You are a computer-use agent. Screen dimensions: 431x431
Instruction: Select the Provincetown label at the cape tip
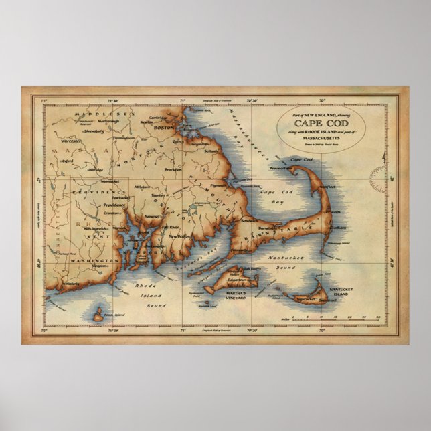click(279, 169)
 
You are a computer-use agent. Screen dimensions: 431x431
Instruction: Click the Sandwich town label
click(249, 219)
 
